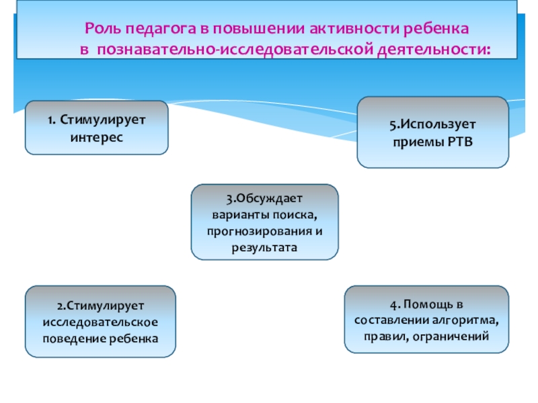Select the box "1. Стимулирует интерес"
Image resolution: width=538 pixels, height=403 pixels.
tap(97, 128)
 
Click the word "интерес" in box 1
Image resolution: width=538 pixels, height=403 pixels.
tap(97, 136)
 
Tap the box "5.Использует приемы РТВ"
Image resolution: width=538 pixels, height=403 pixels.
tap(432, 132)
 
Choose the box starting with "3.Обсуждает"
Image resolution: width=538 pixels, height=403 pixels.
tap(264, 222)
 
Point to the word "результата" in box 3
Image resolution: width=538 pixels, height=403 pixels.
tap(264, 247)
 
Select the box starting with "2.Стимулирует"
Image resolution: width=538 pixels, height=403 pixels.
tap(100, 321)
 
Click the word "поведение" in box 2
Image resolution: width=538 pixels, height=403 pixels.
tap(72, 337)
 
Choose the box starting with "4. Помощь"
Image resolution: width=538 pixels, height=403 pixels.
tap(426, 319)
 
